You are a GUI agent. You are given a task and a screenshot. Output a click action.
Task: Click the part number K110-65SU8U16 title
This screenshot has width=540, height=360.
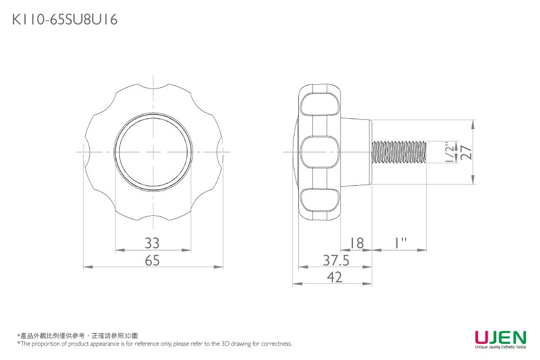pos(65,19)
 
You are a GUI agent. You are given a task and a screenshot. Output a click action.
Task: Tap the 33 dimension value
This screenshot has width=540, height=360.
pos(152,243)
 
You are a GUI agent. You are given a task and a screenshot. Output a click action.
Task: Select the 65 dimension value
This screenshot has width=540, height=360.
pos(152,260)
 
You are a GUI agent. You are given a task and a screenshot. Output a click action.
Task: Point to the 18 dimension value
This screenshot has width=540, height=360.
pos(357,243)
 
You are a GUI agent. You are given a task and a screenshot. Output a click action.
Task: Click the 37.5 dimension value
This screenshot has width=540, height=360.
pos(336,260)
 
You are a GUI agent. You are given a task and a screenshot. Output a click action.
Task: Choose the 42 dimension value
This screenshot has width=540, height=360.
pos(335,277)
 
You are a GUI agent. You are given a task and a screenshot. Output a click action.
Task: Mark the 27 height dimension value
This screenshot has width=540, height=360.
pos(467,152)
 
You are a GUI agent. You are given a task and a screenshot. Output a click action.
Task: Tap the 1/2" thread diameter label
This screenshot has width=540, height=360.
pos(449,152)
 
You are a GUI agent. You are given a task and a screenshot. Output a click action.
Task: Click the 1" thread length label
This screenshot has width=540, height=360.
pos(400,243)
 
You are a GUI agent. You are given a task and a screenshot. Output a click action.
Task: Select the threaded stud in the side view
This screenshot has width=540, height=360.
pos(400,152)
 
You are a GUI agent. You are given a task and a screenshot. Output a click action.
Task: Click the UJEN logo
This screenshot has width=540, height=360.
pos(501,339)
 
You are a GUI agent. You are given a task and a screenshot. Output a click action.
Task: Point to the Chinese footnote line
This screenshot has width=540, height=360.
pos(78,336)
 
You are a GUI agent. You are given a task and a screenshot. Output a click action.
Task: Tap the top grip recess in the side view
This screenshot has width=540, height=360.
pos(319,104)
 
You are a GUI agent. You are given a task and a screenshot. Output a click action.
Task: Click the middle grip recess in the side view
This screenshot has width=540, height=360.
pos(319,152)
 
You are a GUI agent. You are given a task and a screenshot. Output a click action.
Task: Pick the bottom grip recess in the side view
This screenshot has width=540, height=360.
pos(319,200)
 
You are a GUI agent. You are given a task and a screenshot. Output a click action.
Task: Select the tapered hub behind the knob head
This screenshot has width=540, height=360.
pos(356,152)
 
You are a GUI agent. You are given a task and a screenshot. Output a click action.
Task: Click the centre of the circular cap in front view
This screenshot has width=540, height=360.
pos(153,152)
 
